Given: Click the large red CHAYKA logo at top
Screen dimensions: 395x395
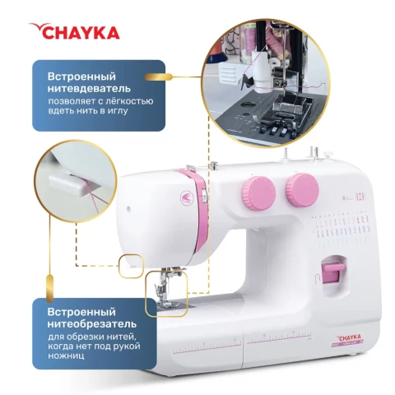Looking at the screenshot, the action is pyautogui.click(x=74, y=31).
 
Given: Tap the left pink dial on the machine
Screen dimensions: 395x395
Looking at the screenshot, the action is pyautogui.click(x=258, y=193).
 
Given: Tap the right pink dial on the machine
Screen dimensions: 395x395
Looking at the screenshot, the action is pyautogui.click(x=302, y=190).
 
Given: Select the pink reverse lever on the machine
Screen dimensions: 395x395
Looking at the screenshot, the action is pyautogui.click(x=332, y=273).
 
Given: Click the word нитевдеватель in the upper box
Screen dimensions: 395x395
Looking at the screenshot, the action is pyautogui.click(x=89, y=89).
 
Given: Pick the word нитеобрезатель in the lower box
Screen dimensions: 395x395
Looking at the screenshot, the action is pyautogui.click(x=92, y=323).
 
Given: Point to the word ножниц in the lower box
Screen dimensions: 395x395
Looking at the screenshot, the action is pyautogui.click(x=66, y=355).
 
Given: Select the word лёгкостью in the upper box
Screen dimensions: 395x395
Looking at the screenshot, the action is pyautogui.click(x=127, y=101).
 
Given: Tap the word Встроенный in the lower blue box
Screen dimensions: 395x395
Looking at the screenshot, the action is pyautogui.click(x=81, y=312).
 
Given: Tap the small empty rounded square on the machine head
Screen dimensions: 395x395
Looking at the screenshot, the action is pyautogui.click(x=131, y=267).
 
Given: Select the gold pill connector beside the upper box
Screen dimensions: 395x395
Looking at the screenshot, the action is pyautogui.click(x=158, y=77).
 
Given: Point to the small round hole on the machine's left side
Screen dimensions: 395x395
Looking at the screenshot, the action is pyautogui.click(x=128, y=209).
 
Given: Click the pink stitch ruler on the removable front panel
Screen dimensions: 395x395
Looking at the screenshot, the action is pyautogui.click(x=207, y=348).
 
